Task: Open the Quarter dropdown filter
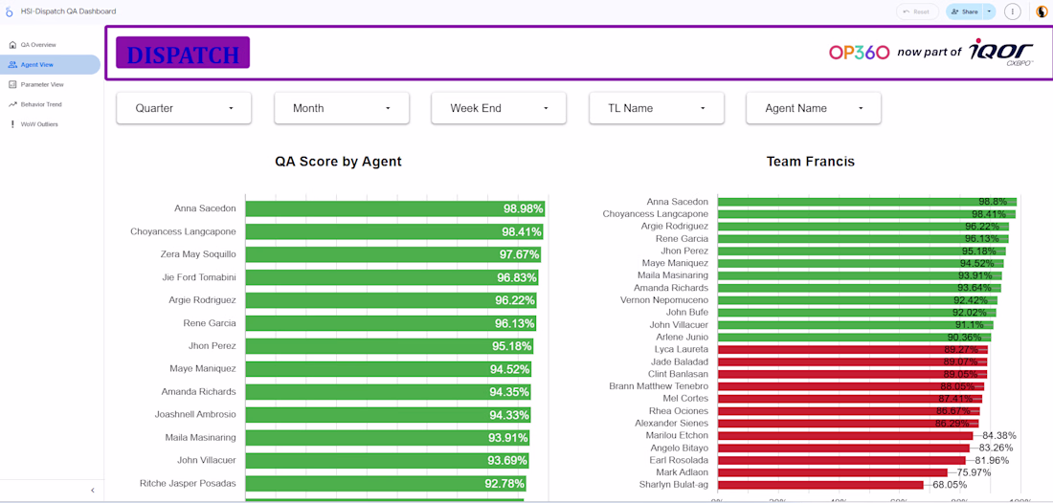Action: coord(184,108)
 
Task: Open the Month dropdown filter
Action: coord(342,108)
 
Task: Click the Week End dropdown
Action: coord(498,108)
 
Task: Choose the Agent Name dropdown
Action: coord(813,108)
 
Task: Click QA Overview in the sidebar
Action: coord(38,45)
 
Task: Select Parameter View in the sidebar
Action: coord(42,84)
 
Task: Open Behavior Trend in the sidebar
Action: coord(41,104)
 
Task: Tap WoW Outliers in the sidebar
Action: coord(39,124)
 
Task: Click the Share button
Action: coord(964,11)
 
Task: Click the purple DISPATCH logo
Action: coord(183,53)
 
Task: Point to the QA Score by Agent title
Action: coord(338,162)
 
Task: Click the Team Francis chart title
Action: coord(810,162)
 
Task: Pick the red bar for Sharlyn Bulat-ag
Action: coord(819,485)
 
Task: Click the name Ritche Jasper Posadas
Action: coord(188,484)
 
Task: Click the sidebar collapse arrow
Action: coord(93,491)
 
